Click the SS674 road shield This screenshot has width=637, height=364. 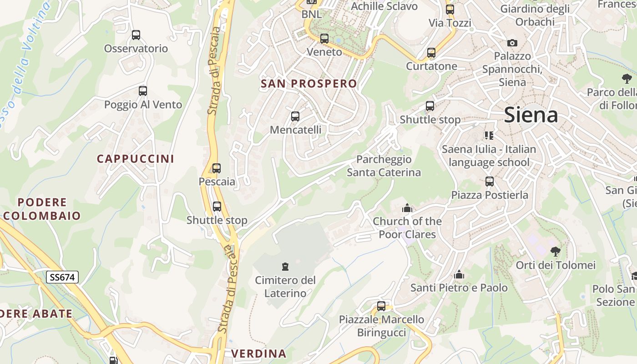[x=62, y=277]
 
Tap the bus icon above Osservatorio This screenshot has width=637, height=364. [x=136, y=35]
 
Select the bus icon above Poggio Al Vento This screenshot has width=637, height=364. [x=143, y=91]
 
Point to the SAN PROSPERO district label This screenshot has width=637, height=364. [x=309, y=84]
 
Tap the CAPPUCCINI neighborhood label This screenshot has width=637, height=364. [x=135, y=159]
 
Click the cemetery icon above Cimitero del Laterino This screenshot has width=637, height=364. [x=285, y=266]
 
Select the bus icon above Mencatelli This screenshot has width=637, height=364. [x=295, y=116]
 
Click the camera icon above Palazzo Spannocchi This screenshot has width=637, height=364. [x=512, y=43]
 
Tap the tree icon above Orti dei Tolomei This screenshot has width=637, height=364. [x=555, y=251]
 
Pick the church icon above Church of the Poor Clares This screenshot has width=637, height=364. [x=407, y=208]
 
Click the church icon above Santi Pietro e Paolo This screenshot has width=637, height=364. [x=459, y=274]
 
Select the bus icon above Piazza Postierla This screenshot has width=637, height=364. [x=490, y=182]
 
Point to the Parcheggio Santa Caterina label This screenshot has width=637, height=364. [x=384, y=166]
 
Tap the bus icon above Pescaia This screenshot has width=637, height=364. [x=217, y=168]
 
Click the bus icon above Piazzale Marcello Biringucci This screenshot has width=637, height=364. [x=381, y=306]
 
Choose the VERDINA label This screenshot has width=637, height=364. [x=259, y=354]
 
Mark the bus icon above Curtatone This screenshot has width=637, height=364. [x=431, y=53]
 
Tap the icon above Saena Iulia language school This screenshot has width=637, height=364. [x=489, y=135]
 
